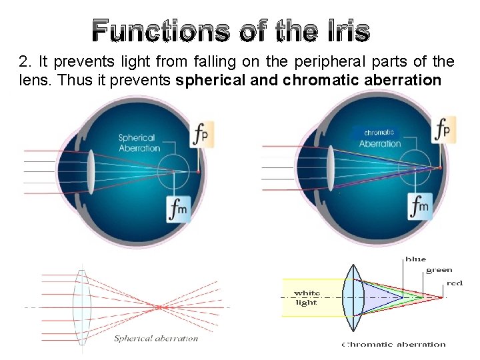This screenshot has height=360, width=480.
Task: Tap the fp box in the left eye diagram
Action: click(x=200, y=133)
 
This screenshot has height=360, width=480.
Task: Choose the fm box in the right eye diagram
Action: click(x=420, y=207)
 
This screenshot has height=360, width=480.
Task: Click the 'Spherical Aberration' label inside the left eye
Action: click(x=139, y=143)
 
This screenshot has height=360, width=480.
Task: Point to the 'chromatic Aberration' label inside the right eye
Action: click(x=380, y=138)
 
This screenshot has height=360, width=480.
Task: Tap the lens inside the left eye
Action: click(x=90, y=172)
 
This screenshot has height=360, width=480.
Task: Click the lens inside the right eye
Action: click(x=329, y=168)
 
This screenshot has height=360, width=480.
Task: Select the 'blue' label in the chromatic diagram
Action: click(x=415, y=259)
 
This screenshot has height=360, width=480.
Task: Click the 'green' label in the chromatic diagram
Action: click(x=439, y=270)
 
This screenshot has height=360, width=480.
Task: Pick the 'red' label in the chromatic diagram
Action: click(x=455, y=283)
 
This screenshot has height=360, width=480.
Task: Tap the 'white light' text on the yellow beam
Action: click(x=307, y=297)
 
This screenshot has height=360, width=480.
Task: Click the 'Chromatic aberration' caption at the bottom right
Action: click(x=393, y=345)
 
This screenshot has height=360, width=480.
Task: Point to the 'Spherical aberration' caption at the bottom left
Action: click(x=156, y=339)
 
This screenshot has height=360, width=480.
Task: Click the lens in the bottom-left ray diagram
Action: click(x=81, y=306)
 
